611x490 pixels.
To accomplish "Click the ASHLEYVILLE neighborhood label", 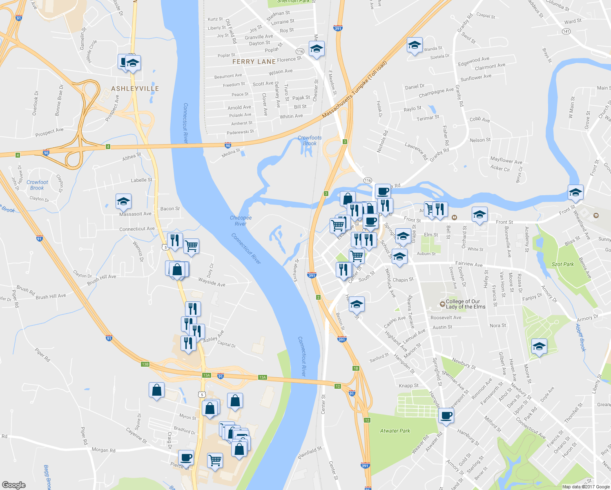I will tap(135, 89).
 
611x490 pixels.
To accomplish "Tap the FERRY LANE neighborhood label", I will tap(254, 62).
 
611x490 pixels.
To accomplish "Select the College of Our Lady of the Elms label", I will tap(465, 304).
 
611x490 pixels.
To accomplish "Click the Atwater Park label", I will tap(395, 431).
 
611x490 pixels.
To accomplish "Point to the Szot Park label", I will tap(563, 264).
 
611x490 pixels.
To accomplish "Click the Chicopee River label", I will tap(241, 220).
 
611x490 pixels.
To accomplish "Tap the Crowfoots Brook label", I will tap(310, 140).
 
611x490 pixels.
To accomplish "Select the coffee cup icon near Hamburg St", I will tap(446, 416).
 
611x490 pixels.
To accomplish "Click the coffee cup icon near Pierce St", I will tap(186, 458).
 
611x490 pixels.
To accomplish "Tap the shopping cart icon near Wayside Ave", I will tap(191, 246).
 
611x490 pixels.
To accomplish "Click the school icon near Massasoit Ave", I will tap(123, 201).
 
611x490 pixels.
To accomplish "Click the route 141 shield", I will tap(566, 31).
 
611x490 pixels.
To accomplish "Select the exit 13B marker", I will tap(145, 364).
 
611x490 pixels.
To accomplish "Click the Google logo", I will tap(14, 485).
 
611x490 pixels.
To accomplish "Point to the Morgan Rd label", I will tap(103, 450).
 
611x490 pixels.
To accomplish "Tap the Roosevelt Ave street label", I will tap(446, 317).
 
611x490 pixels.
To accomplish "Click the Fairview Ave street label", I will tap(469, 264).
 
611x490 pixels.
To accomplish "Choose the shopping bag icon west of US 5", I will tap(156, 390).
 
